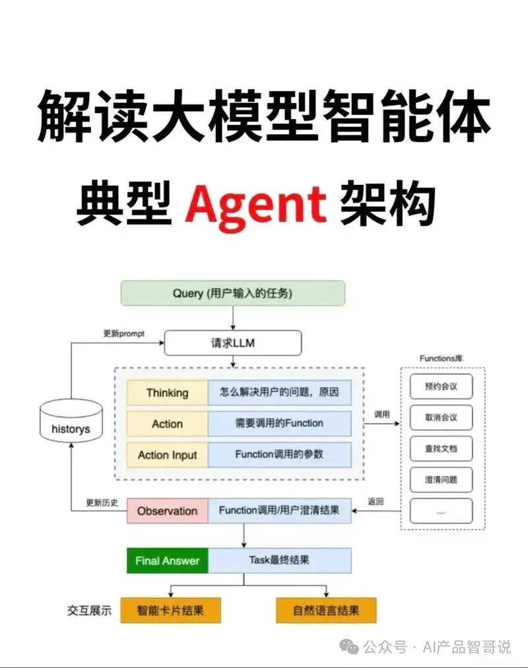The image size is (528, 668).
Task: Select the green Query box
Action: [233, 293]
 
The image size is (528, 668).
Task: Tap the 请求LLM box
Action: [232, 344]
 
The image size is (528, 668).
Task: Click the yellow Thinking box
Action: [167, 392]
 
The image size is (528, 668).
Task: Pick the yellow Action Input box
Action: [167, 455]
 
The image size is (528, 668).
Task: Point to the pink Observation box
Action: [167, 511]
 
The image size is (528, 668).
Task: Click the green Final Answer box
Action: [167, 560]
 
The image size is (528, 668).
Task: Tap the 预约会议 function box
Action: [441, 387]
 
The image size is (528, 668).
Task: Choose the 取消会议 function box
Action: [441, 418]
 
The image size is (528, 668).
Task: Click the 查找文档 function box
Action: [441, 449]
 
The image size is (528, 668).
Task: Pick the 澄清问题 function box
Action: [441, 480]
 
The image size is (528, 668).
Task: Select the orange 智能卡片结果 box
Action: [170, 611]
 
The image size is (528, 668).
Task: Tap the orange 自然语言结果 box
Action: [326, 611]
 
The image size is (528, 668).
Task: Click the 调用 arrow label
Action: [382, 414]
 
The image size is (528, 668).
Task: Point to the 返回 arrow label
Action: [376, 501]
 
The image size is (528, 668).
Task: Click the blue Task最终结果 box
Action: [279, 560]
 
